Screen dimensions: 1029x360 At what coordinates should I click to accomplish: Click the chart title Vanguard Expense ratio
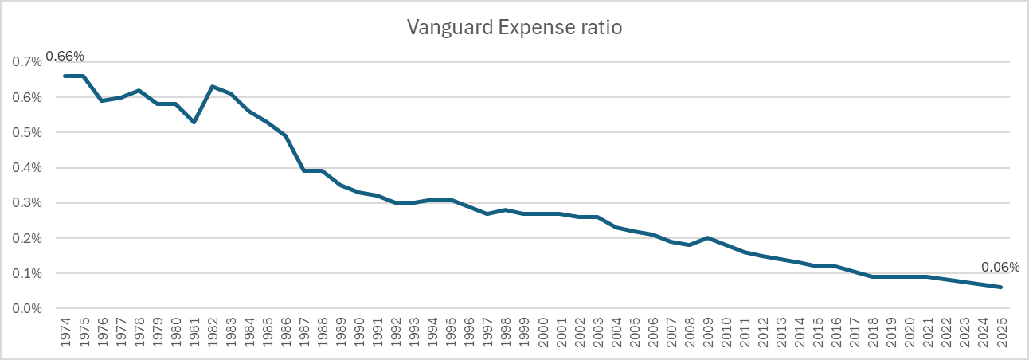(514, 28)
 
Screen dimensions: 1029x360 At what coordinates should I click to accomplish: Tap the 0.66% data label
(65, 56)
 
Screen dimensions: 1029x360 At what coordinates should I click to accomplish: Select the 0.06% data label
(1000, 267)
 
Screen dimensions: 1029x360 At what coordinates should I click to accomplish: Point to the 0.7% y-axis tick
(27, 62)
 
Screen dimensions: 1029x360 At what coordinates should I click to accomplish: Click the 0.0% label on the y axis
(27, 308)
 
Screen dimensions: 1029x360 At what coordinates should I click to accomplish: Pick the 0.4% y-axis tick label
(27, 167)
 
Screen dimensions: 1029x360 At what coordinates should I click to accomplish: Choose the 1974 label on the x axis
(65, 332)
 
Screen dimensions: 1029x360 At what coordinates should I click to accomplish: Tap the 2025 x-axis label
(1002, 332)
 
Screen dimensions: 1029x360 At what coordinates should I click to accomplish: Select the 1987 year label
(304, 332)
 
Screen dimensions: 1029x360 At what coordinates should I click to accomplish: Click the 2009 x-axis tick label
(708, 332)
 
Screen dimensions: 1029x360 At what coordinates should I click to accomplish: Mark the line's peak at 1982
(212, 86)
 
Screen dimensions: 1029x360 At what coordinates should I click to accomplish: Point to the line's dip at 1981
(194, 122)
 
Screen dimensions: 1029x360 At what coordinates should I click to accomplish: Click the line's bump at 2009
(708, 238)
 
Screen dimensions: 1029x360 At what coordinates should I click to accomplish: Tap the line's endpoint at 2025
(1001, 287)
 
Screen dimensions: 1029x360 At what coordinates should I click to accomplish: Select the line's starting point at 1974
(65, 76)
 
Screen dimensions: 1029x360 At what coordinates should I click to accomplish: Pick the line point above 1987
(304, 170)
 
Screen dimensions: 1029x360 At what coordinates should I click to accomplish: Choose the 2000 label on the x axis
(542, 332)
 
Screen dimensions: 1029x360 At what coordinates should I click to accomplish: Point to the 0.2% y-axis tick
(27, 238)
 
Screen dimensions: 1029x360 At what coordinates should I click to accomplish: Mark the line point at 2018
(873, 276)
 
